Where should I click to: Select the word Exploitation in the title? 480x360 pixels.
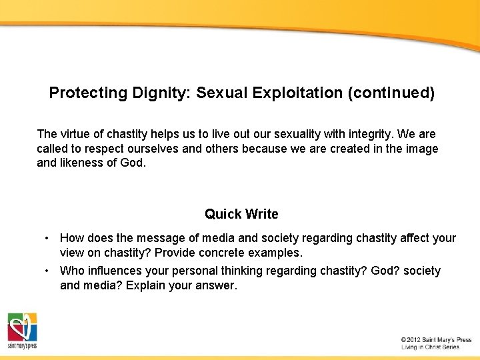[298, 93]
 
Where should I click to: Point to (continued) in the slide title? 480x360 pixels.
[391, 93]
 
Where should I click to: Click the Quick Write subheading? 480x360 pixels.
[241, 214]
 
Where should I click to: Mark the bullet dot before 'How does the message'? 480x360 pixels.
[47, 238]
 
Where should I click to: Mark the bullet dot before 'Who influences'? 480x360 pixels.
[47, 271]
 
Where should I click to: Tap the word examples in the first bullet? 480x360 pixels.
[277, 253]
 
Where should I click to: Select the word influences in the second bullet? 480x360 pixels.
[115, 271]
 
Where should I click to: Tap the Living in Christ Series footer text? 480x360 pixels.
[430, 347]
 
